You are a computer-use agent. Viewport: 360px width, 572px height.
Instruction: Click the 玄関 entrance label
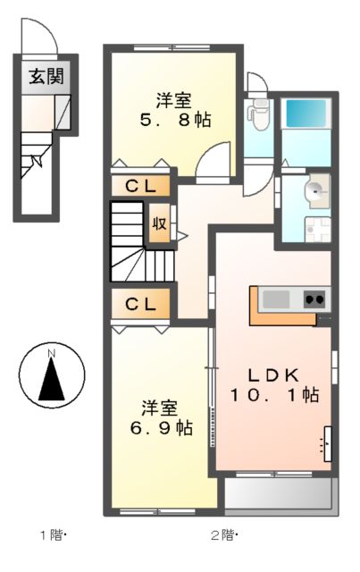point(42,78)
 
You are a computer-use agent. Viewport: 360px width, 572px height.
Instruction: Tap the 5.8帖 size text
point(175,119)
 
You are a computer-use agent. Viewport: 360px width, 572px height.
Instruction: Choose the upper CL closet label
point(140,186)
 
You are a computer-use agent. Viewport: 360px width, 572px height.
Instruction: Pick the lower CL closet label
point(140,304)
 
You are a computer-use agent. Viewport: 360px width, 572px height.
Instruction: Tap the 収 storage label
point(158,223)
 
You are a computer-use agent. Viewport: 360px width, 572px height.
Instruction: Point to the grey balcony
point(277,493)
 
